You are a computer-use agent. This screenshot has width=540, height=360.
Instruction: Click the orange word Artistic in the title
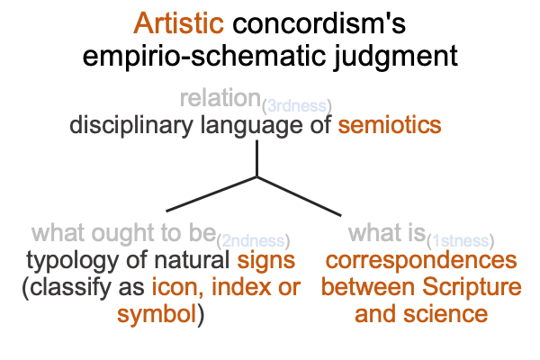[179, 23]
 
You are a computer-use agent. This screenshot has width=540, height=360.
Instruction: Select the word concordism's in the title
[319, 23]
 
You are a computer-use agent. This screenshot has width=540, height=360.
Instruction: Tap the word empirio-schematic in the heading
[204, 55]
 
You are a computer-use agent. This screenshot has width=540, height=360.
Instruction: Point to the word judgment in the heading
[395, 57]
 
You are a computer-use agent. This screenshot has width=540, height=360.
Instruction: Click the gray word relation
[220, 97]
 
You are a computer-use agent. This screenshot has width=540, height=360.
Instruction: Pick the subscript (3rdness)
[297, 106]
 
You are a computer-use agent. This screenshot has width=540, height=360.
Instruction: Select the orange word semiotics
[390, 125]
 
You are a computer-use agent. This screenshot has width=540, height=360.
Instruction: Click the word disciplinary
[131, 126]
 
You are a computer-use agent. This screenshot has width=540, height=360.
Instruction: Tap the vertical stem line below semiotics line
[256, 158]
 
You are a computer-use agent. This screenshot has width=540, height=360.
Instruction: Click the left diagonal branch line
[211, 194]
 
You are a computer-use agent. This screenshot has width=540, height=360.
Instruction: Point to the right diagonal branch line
[299, 196]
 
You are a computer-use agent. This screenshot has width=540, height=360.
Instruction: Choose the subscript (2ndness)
[253, 241]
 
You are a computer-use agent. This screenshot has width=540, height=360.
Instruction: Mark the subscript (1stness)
[461, 241]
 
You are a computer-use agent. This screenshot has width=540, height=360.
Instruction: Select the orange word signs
[265, 261]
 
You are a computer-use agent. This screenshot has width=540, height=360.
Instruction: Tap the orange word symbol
[157, 314]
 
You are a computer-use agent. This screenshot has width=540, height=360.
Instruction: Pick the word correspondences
[421, 261]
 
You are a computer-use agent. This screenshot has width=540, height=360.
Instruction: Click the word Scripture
[472, 287]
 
